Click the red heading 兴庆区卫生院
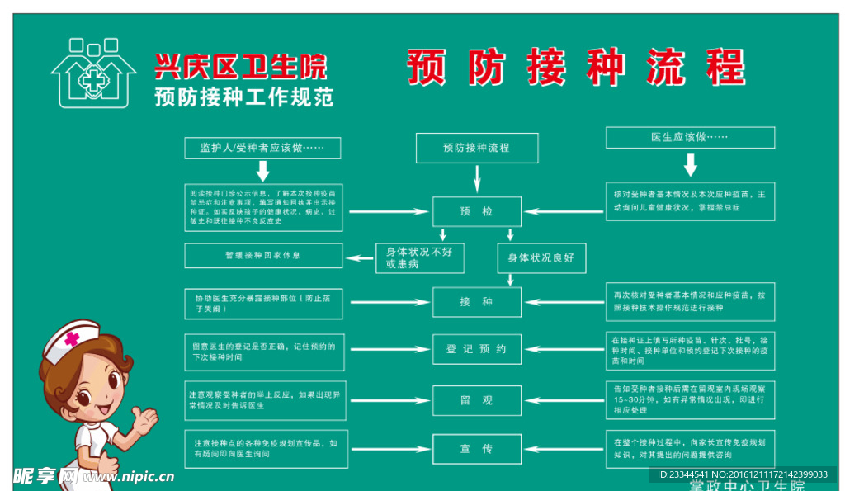point(240,66)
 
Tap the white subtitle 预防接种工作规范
point(244,97)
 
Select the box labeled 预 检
point(477,212)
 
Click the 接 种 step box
point(477,302)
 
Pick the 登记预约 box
point(477,349)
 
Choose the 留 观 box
point(477,400)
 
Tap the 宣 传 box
point(477,449)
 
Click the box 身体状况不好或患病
point(420,257)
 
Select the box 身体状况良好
point(541,257)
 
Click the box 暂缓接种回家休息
point(262,256)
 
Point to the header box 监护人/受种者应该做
point(262,149)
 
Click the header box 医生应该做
point(690,137)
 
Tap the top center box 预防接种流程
point(477,148)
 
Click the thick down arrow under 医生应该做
point(691,165)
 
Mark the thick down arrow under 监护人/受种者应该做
point(262,172)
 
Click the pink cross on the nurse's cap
point(73,338)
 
